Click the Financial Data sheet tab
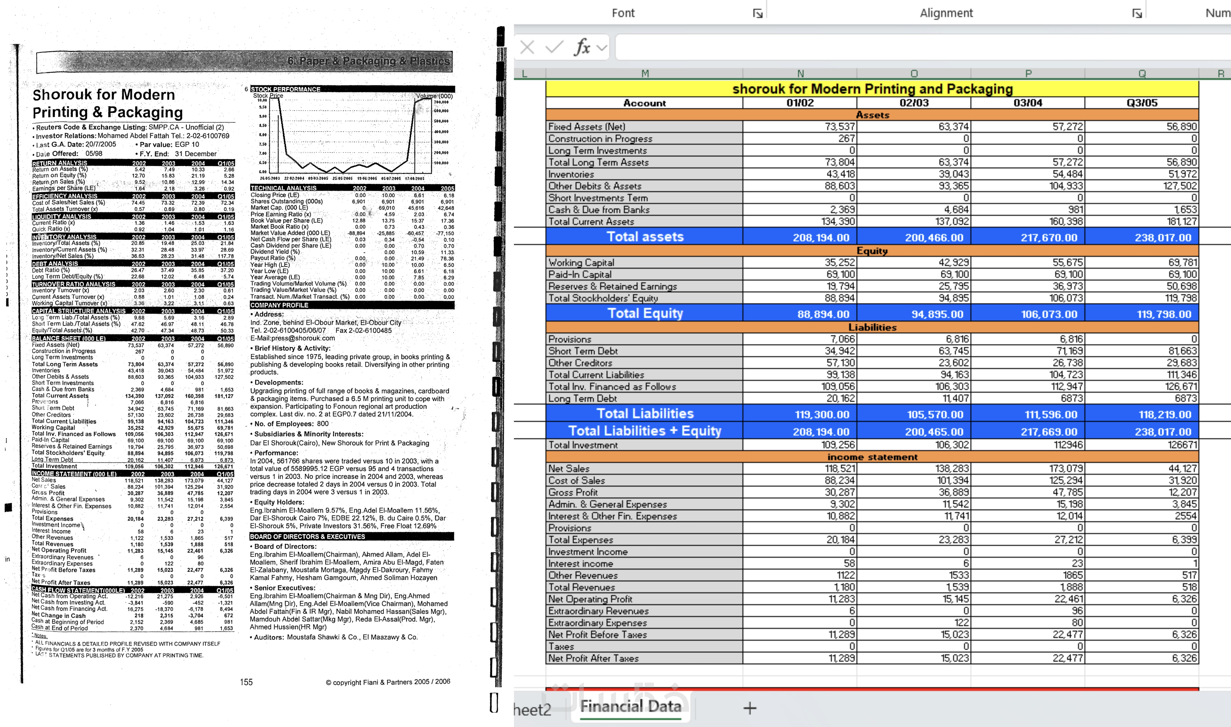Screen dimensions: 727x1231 (630, 706)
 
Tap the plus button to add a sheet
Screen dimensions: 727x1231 (750, 708)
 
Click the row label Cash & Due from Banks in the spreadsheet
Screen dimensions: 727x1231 (599, 210)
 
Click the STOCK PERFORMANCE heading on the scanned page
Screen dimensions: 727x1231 (286, 89)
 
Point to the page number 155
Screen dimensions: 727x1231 (246, 682)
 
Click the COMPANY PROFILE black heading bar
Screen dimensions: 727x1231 (279, 305)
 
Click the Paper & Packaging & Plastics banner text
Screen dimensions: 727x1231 (368, 61)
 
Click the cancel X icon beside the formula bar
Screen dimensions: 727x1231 (527, 47)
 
